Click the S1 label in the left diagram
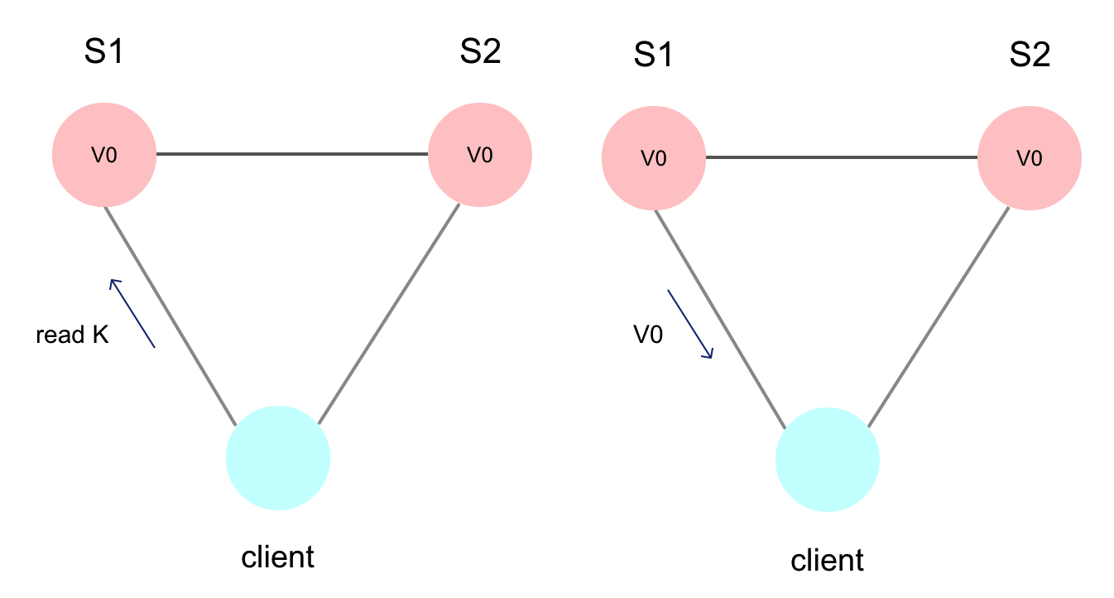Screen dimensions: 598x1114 (x=104, y=53)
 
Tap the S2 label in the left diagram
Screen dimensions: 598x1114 (x=480, y=53)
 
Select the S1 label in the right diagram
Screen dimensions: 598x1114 (x=654, y=56)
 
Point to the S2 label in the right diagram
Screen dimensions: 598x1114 (x=1030, y=56)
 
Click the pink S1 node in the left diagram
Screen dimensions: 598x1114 (x=104, y=155)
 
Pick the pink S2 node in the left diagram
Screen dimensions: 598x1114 (x=480, y=155)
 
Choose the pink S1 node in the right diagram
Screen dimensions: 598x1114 (x=654, y=158)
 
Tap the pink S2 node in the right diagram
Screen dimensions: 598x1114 (x=1030, y=158)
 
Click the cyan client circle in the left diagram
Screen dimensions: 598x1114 (x=278, y=457)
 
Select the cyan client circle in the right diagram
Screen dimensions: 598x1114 (x=828, y=461)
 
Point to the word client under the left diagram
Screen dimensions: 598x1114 (x=278, y=557)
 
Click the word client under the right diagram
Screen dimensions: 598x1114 (x=828, y=561)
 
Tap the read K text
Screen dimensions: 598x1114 (x=72, y=335)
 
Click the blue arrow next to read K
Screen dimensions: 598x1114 (x=132, y=313)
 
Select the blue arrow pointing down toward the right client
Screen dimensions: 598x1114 (x=690, y=324)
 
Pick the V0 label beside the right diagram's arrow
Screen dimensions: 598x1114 (x=648, y=335)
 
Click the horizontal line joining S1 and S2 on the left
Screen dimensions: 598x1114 (x=291, y=154)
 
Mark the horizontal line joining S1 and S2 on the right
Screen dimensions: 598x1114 (x=841, y=157)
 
